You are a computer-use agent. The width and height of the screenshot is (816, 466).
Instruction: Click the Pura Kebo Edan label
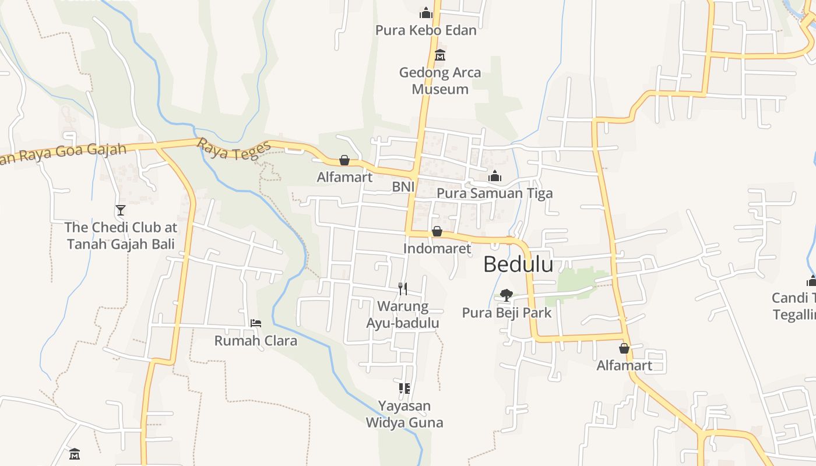pos(425,30)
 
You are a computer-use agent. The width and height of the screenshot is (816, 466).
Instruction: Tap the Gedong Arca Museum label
pos(440,80)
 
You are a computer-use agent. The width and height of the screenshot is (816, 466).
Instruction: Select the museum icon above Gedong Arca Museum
pos(440,55)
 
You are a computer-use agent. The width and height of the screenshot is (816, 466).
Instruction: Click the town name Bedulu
pos(518,264)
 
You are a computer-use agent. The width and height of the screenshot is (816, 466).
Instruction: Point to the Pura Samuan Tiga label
pos(494,193)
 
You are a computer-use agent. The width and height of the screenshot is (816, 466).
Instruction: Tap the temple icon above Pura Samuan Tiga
pos(495,176)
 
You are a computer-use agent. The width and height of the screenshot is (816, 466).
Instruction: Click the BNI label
pos(403,186)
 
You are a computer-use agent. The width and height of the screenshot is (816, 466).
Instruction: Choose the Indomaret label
pos(437,249)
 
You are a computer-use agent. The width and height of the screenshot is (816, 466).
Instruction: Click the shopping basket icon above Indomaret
pos(437,231)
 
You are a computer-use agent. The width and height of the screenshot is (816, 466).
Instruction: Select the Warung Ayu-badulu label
pos(402,315)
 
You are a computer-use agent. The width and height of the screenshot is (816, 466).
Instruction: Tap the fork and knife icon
pos(402,288)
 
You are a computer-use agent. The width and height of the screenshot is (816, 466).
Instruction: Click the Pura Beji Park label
pos(507,313)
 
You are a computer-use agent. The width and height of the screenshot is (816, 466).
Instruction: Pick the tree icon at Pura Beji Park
pos(507,295)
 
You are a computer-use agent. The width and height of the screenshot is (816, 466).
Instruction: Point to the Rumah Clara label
pos(256,341)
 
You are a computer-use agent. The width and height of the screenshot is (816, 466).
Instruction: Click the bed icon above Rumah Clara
pos(255,323)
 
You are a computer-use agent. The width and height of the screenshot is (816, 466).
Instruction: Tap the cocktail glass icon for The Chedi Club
pos(121,210)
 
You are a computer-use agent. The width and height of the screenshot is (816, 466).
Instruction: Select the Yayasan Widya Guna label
pos(405,414)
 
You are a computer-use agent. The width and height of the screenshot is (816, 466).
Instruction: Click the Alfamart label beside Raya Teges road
pos(344,177)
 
